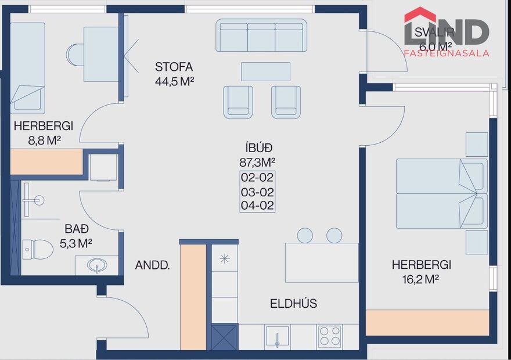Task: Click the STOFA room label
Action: (x=174, y=66)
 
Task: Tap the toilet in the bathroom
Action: (x=38, y=249)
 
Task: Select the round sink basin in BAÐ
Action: (x=96, y=266)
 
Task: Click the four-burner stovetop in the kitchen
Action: (x=330, y=336)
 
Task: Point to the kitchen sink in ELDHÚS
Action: (x=278, y=337)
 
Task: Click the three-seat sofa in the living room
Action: (x=261, y=36)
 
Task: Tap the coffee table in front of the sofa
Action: (x=265, y=71)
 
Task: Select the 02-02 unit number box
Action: (x=257, y=178)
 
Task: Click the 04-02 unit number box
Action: (x=257, y=205)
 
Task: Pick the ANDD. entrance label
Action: (x=152, y=266)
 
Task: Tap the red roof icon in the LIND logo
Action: (x=420, y=15)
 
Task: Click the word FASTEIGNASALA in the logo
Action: (x=446, y=53)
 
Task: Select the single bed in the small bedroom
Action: (x=27, y=67)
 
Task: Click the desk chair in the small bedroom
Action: (x=74, y=54)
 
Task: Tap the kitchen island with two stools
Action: (x=321, y=262)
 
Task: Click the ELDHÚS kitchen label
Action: (x=293, y=303)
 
